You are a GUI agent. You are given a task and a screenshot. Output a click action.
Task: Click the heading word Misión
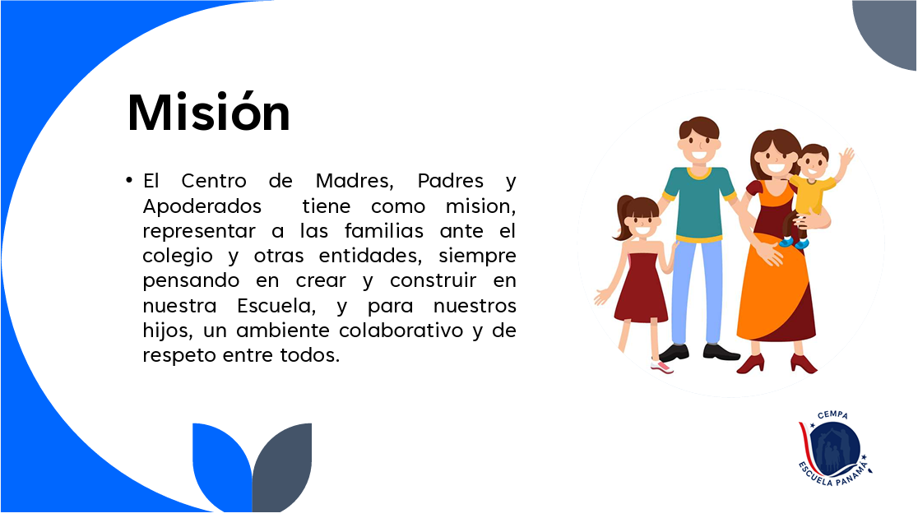pos(208,112)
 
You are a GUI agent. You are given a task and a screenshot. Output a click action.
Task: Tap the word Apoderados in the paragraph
pos(202,206)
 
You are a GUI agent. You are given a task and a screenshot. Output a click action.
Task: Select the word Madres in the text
pos(355,181)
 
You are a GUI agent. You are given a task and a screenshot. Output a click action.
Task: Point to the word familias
pos(383,230)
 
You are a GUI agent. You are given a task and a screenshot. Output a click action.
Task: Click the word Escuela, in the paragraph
pos(277,306)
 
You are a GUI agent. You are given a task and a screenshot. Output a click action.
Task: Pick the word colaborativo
pos(401,331)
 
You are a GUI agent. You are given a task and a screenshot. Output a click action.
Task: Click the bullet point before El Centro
pos(129,181)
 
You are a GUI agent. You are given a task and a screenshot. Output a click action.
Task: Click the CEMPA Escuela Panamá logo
pos(834,449)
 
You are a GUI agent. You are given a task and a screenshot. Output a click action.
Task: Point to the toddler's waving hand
pos(846,157)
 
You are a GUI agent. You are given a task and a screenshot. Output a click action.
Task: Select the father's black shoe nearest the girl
pos(674,353)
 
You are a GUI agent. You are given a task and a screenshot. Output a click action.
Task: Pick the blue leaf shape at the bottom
pos(221,466)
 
